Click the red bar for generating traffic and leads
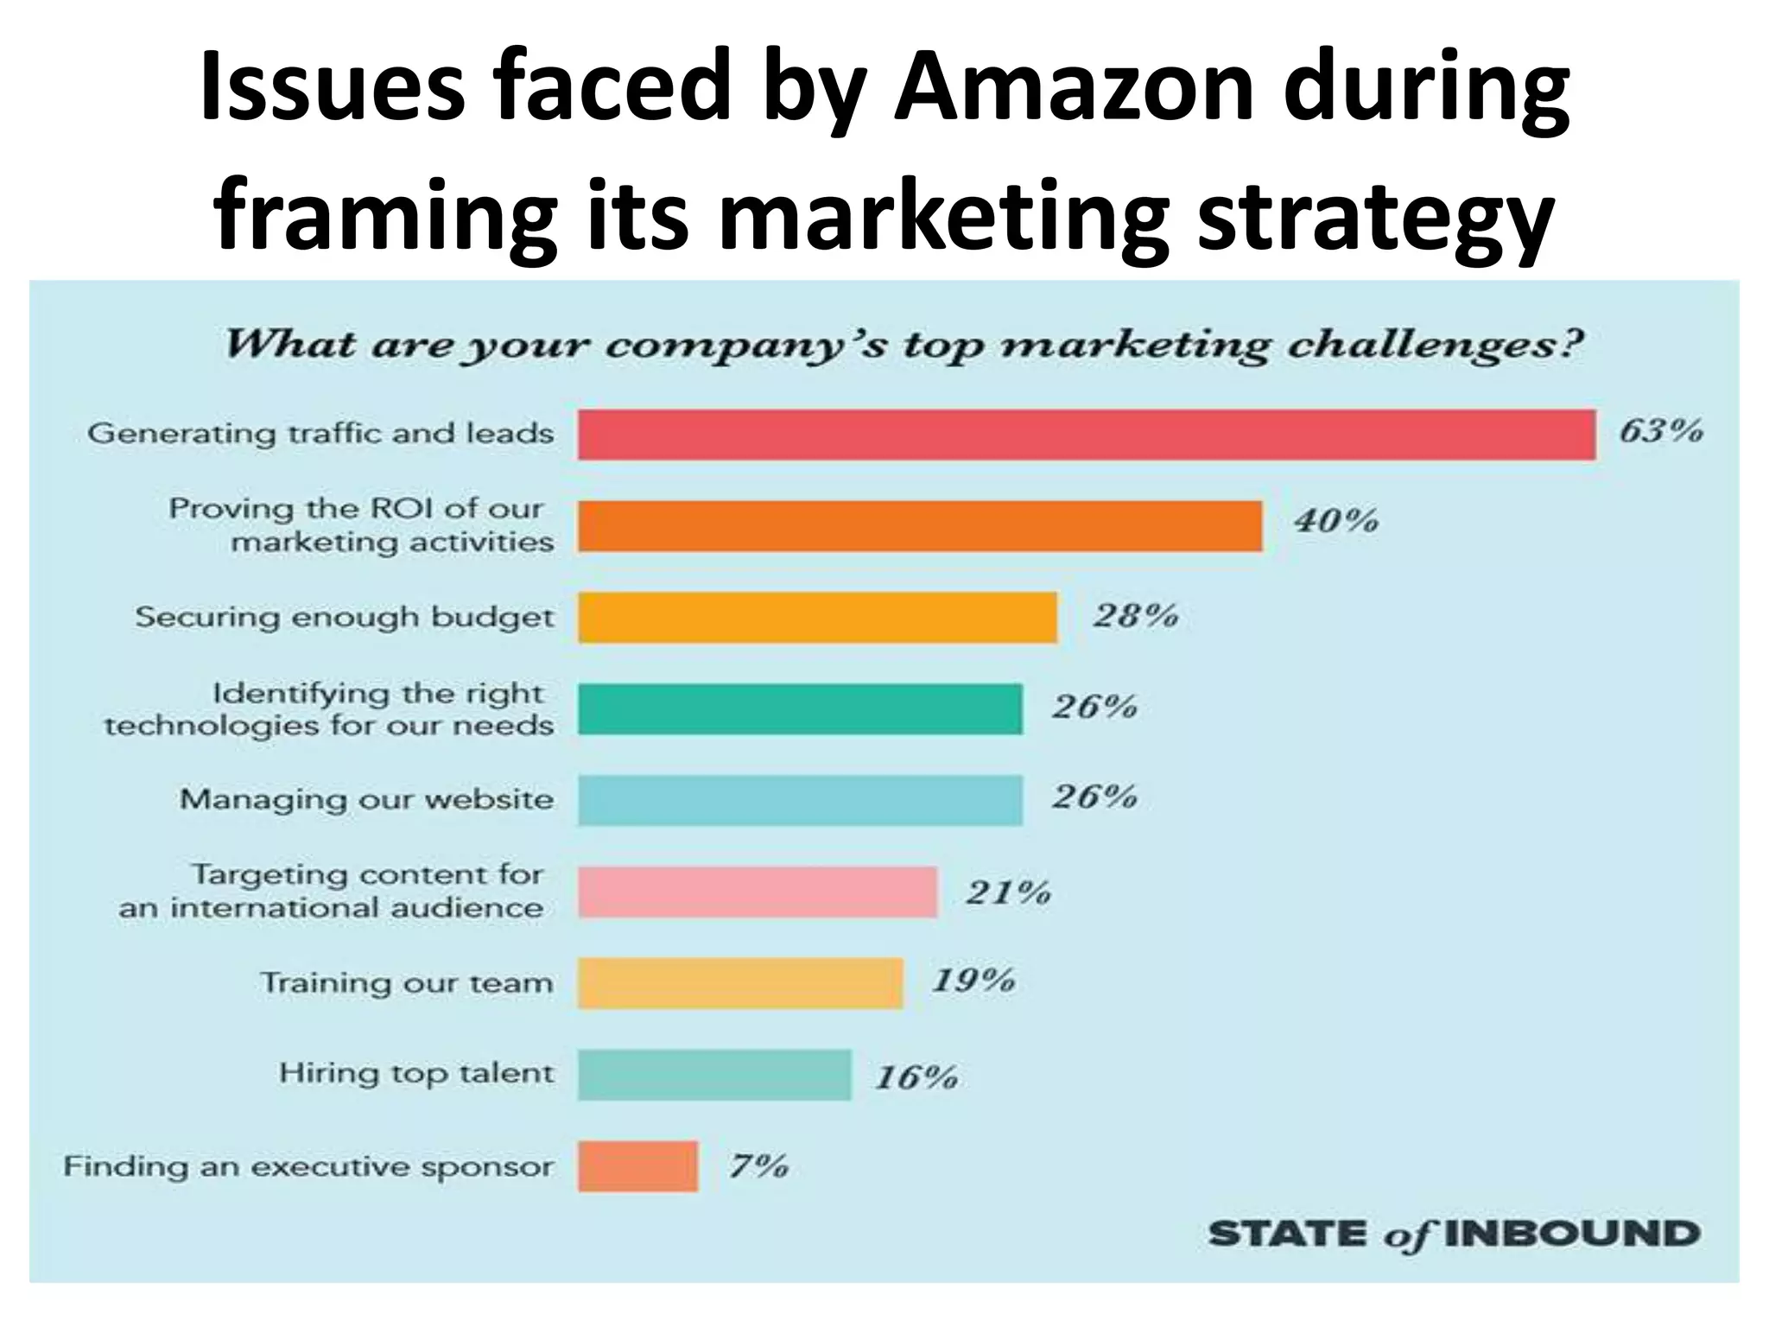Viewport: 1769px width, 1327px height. [1087, 435]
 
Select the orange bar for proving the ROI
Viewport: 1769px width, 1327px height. [920, 526]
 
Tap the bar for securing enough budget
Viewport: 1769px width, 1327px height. [817, 618]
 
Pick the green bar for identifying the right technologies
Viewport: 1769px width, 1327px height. [800, 709]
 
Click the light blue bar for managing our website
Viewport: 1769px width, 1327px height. [800, 800]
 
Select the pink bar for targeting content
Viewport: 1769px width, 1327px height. [758, 892]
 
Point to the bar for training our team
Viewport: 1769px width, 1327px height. [740, 983]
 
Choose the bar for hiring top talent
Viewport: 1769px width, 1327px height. [714, 1075]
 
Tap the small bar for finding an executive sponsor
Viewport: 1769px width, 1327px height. [637, 1166]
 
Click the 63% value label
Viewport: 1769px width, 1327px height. [1660, 430]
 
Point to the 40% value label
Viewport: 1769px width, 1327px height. [1335, 521]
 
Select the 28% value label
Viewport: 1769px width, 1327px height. [1135, 616]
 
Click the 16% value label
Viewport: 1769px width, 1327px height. [916, 1077]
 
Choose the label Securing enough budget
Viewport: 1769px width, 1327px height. [344, 618]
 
